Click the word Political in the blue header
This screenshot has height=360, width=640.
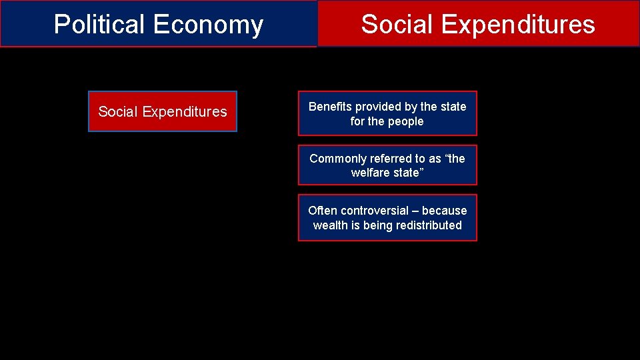click(100, 24)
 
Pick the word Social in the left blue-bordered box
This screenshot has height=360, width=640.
click(118, 111)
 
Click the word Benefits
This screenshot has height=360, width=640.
click(330, 107)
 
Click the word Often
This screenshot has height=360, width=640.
click(323, 211)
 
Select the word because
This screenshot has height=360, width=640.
click(445, 211)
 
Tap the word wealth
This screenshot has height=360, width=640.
click(330, 225)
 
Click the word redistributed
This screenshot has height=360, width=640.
click(429, 225)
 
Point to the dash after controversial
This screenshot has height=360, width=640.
click(414, 211)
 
